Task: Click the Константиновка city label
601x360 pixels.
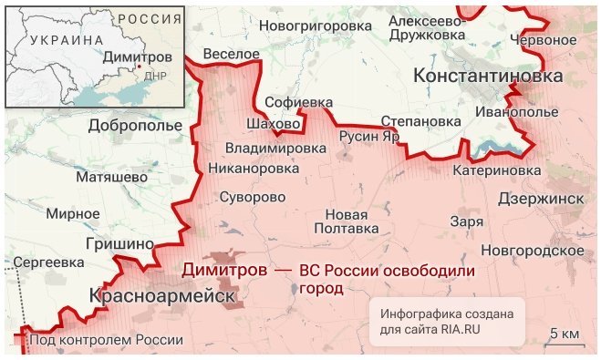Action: click(x=488, y=77)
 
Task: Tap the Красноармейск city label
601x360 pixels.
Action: click(x=162, y=297)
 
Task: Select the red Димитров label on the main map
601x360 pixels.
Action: click(x=224, y=271)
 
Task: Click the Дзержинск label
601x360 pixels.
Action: click(x=541, y=198)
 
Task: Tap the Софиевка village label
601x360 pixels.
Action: click(x=299, y=102)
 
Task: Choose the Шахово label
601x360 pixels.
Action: click(x=274, y=124)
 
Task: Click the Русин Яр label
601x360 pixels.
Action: click(x=369, y=136)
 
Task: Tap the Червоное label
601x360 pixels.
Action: click(x=544, y=41)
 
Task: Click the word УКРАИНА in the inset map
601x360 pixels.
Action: click(x=67, y=40)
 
